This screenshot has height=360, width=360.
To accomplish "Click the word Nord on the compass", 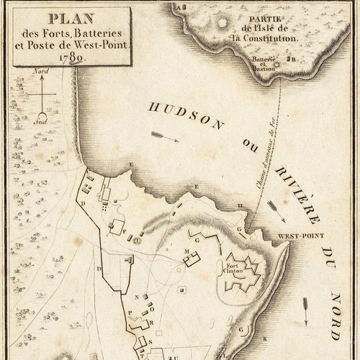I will [x=42, y=72].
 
